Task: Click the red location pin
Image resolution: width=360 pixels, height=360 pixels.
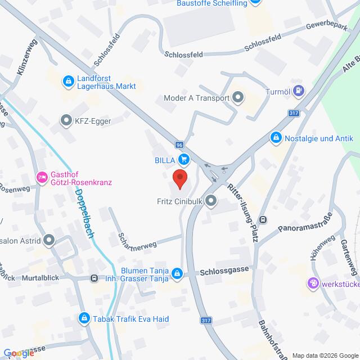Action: (180, 178)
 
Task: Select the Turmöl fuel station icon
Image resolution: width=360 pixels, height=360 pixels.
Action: (299, 89)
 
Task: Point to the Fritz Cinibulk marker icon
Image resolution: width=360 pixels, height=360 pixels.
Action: (211, 200)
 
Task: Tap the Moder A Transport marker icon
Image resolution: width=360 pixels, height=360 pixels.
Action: (238, 97)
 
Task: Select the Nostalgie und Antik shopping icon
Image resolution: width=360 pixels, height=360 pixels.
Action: (276, 137)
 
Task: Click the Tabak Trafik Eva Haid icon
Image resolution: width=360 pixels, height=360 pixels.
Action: (84, 319)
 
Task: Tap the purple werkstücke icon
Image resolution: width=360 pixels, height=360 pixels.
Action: (313, 283)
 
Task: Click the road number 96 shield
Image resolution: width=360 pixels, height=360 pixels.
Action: (179, 145)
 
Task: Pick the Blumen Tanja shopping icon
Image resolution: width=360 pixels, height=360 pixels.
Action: (177, 273)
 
